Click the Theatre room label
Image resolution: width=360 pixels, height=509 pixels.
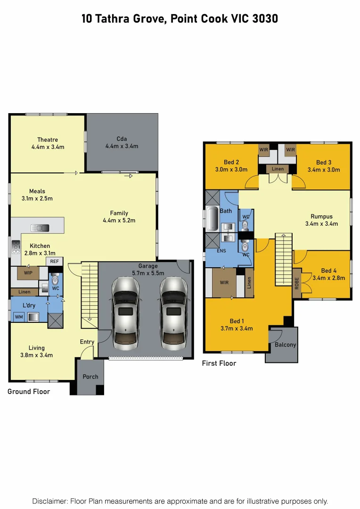48,140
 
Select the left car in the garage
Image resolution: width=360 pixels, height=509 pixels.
125,312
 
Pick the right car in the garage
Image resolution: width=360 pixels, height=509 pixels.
172,312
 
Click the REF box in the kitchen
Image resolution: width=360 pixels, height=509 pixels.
54,261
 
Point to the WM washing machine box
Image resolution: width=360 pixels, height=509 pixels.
19,317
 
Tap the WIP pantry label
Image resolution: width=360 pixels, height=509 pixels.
28,272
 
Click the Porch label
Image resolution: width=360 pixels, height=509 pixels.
90,377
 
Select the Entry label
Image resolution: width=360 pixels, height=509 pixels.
87,342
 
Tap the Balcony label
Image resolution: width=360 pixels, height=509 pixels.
286,345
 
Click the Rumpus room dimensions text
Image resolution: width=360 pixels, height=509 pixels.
322,224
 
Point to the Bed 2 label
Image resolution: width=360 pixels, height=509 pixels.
231,162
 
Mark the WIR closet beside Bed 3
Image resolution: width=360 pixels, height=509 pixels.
291,150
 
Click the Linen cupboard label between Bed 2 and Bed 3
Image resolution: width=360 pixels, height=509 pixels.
278,169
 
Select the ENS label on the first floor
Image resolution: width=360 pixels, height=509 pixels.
221,251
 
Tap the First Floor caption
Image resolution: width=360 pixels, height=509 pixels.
219,363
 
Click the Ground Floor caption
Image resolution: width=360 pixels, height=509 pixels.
29,392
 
